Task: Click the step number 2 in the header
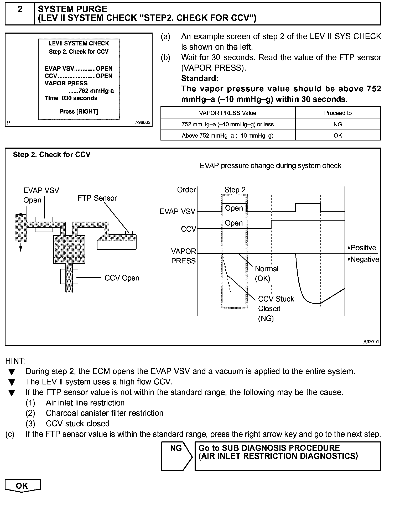click(20, 10)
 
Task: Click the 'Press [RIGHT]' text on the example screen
click(79, 112)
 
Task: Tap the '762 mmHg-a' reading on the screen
click(91, 91)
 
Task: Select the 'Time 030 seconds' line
click(71, 98)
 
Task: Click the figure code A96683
click(143, 122)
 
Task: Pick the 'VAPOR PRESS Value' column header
click(227, 113)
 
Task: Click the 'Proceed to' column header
click(338, 113)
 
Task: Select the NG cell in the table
click(338, 124)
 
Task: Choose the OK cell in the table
click(338, 135)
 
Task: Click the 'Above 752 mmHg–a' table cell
click(227, 135)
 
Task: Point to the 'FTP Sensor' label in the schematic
click(97, 198)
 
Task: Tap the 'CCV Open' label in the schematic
click(122, 278)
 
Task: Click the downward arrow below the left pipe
click(20, 248)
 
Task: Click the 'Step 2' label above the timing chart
click(235, 190)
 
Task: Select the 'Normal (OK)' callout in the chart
click(267, 273)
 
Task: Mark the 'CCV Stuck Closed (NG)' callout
click(276, 309)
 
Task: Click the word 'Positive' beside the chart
click(363, 248)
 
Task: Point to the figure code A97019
click(371, 342)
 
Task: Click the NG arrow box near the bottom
click(176, 456)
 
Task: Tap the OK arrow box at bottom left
click(22, 486)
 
